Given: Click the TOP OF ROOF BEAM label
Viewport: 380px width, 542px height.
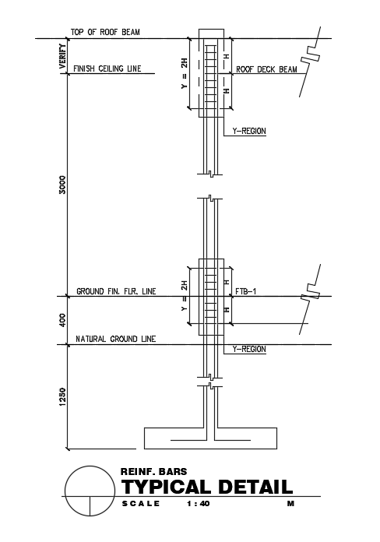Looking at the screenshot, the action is (x=105, y=32).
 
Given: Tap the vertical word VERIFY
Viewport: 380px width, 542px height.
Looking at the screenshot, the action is (x=62, y=56).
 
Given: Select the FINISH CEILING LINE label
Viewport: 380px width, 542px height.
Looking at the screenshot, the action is (x=107, y=69).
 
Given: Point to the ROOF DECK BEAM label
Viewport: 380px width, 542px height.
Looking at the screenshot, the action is (x=266, y=69).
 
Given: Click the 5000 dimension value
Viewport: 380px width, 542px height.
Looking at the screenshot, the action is (x=62, y=185).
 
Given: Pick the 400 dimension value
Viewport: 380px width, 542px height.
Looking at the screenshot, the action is (x=62, y=320).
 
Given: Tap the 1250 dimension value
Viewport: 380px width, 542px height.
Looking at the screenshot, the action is (x=62, y=397).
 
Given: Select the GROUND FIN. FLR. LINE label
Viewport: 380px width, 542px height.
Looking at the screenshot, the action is (x=116, y=291).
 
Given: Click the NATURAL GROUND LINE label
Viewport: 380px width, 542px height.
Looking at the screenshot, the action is (x=116, y=339).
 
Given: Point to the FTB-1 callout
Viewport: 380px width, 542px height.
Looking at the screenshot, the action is (x=246, y=291).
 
